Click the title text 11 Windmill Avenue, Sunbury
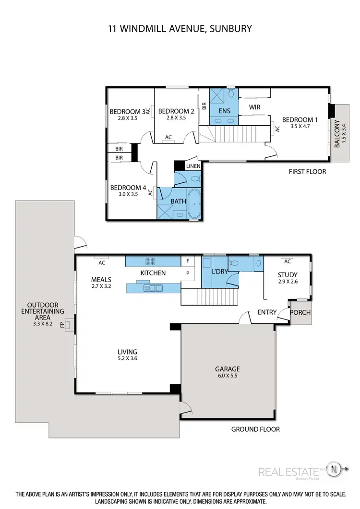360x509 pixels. coord(180,29)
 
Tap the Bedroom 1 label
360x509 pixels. coord(300,120)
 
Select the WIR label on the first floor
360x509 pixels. coord(254,107)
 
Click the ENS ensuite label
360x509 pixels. coord(224,111)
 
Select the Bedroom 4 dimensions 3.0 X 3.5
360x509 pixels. coord(127,194)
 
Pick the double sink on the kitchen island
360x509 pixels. coord(155,288)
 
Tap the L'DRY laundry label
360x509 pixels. coord(219,272)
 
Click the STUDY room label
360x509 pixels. coord(288,275)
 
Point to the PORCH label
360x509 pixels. coord(301,312)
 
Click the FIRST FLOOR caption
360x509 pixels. coord(307,171)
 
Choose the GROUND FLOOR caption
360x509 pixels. coord(255,429)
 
